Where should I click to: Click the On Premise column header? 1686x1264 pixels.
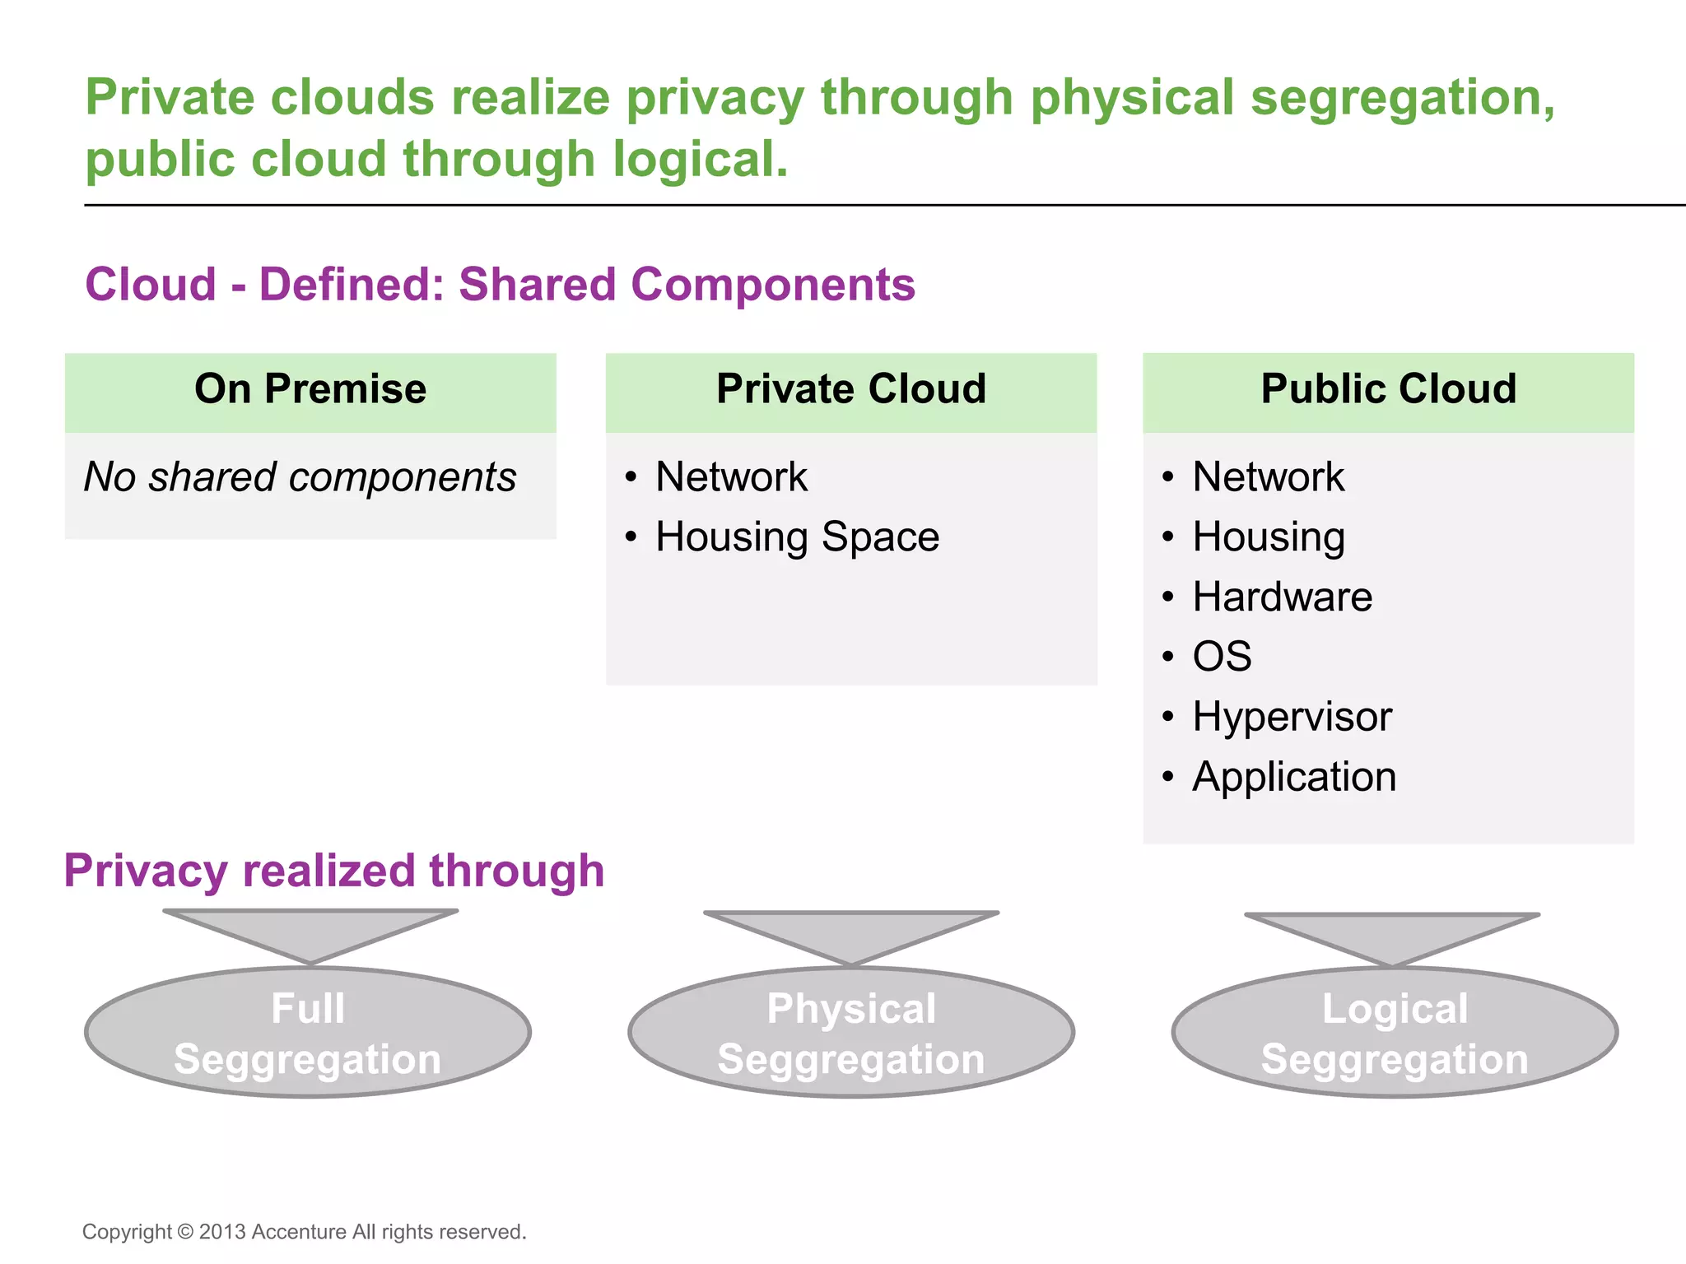point(310,389)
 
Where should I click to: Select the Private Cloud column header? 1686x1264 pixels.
point(851,389)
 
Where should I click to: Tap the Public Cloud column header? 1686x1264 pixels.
point(1388,389)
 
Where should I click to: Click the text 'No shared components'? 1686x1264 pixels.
point(300,477)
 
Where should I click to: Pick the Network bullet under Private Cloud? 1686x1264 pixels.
point(731,477)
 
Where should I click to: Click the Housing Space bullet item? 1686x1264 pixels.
point(797,537)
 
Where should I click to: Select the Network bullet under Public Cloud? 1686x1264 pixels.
point(1268,477)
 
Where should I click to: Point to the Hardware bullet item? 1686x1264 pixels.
point(1282,597)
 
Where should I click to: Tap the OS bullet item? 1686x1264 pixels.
point(1222,658)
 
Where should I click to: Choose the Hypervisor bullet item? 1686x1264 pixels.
point(1292,717)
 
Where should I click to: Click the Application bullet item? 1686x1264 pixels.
point(1294,777)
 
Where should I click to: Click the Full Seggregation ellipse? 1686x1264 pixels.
point(308,1033)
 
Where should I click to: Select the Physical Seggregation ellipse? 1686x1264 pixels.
point(851,1033)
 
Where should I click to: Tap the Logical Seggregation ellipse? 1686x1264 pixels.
point(1395,1033)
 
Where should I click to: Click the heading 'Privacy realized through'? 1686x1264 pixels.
point(333,871)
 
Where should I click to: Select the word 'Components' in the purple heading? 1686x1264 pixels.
point(772,285)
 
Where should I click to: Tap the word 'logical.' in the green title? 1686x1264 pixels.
point(701,160)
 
